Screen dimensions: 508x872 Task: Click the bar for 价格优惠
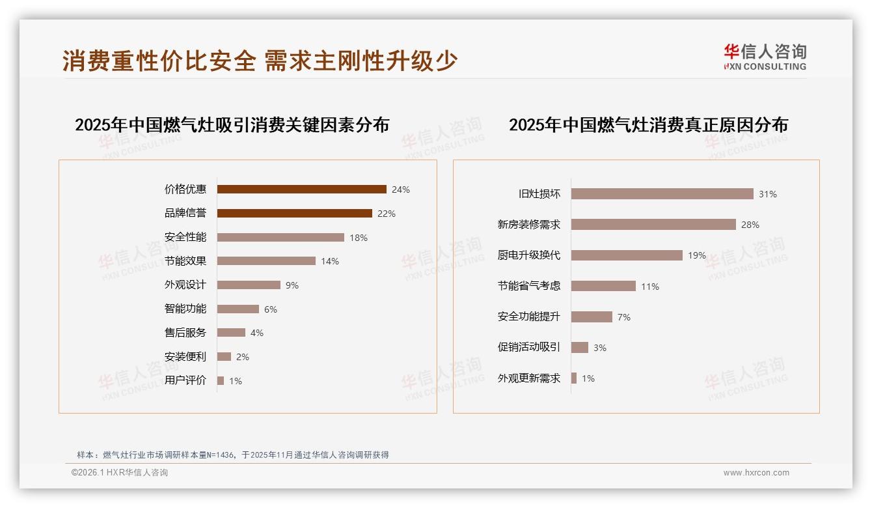[x=301, y=190]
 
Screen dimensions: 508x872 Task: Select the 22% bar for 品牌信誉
[x=294, y=214]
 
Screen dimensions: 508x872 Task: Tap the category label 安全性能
[x=185, y=237]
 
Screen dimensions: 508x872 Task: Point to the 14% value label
[x=330, y=261]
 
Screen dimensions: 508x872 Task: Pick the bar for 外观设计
[x=249, y=285]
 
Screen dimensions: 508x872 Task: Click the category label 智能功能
[x=185, y=309]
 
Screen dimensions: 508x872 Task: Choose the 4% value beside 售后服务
[x=257, y=333]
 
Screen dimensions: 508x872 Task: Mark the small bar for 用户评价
[x=221, y=380]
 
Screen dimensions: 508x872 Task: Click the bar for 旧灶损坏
[x=662, y=194]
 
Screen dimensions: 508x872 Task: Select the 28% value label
[x=750, y=225]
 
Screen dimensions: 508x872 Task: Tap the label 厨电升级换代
[x=528, y=255]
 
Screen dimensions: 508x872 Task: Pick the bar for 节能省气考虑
[x=603, y=286]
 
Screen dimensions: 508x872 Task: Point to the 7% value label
[x=624, y=317]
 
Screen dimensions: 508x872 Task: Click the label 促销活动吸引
[x=528, y=347]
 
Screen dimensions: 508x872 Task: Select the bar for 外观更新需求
[x=574, y=378]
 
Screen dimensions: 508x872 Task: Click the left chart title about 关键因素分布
[x=232, y=124]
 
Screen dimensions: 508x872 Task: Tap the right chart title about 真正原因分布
[x=648, y=124]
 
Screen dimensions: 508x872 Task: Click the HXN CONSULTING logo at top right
[x=765, y=57]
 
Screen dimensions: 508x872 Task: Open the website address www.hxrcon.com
[x=756, y=473]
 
